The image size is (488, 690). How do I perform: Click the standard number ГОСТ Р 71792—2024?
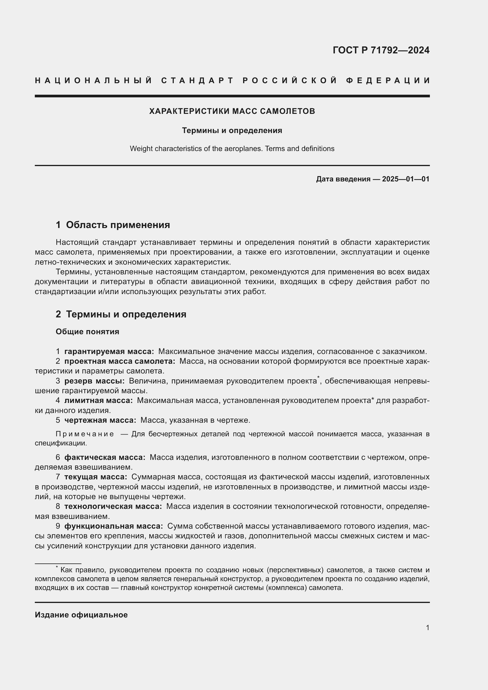tap(381, 50)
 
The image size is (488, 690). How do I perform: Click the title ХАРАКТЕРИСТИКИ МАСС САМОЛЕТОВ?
tap(232, 111)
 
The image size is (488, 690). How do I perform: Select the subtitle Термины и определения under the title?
tap(232, 130)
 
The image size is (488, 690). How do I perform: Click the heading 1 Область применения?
tap(113, 225)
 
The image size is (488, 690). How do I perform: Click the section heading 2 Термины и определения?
tap(121, 314)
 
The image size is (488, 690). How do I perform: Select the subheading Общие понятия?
tap(87, 332)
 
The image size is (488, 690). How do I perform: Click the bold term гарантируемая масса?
tap(109, 351)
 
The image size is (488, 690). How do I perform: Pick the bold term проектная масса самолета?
tap(119, 361)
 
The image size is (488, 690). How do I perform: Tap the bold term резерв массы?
tap(94, 381)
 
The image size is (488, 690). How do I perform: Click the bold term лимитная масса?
tap(98, 400)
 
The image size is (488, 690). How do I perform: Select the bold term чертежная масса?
tap(100, 420)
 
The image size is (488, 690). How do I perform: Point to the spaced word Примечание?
tap(85, 434)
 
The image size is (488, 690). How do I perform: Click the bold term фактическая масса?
tap(104, 457)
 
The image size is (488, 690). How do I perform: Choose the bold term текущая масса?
tap(95, 477)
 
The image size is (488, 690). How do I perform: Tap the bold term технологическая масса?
tap(113, 506)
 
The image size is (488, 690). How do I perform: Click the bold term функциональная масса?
tap(113, 526)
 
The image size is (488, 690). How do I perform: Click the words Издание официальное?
tap(81, 614)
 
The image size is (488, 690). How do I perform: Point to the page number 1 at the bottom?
tap(427, 627)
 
